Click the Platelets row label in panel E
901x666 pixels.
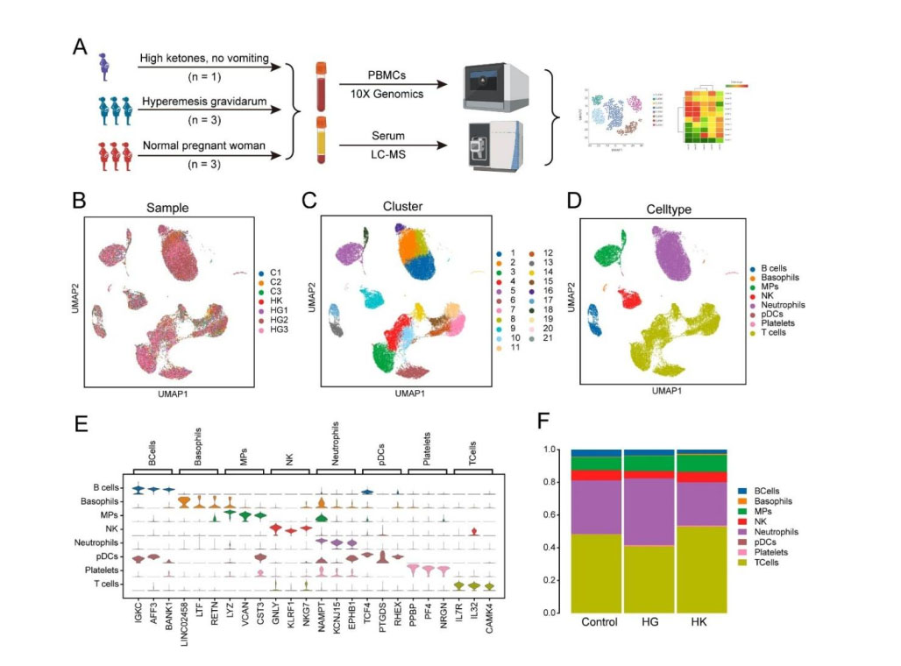(103, 570)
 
